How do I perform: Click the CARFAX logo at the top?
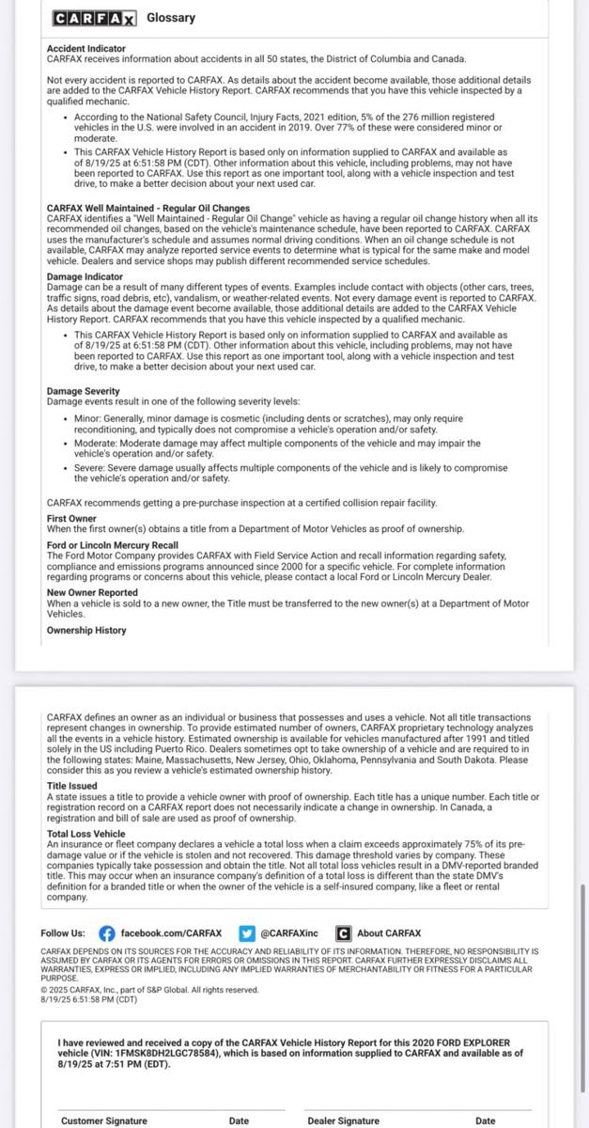click(94, 18)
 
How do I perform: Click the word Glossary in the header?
click(171, 18)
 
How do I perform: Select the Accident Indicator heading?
click(85, 48)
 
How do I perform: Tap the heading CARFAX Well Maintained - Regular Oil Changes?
click(148, 208)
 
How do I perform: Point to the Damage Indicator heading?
click(85, 277)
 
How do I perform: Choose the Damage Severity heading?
click(83, 390)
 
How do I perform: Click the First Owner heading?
click(71, 518)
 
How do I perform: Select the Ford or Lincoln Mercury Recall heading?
click(112, 544)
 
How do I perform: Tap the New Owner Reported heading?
click(92, 593)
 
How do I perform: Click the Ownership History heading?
click(86, 630)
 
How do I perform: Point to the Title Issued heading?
click(71, 785)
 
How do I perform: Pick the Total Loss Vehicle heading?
click(85, 834)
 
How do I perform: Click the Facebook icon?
click(107, 933)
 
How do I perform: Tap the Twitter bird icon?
click(247, 933)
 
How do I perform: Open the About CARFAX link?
click(389, 933)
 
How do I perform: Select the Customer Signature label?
click(104, 1120)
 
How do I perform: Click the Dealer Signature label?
click(343, 1120)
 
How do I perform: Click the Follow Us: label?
click(63, 933)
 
